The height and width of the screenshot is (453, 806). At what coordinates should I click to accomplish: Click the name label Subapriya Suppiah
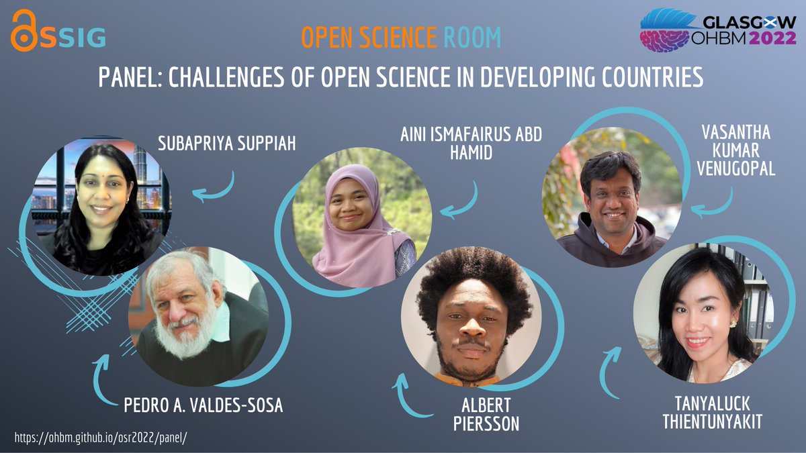(x=226, y=143)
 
